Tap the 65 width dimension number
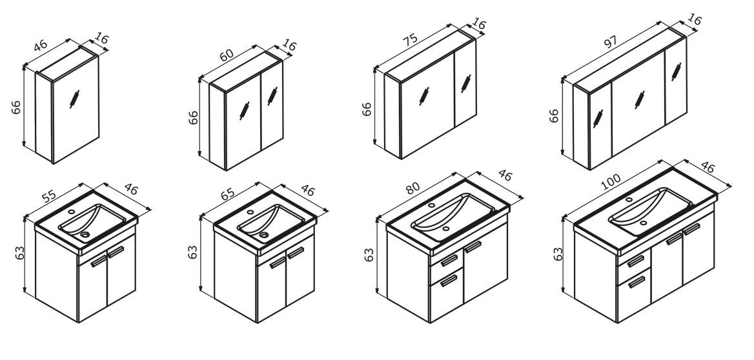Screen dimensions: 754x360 (228, 193)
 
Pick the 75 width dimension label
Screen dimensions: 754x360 (411, 39)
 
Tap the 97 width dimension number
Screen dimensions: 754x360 (610, 41)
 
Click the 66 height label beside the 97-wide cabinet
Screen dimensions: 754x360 (554, 115)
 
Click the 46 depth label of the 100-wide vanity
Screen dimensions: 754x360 (708, 167)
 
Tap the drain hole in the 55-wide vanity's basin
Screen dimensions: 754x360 (86, 235)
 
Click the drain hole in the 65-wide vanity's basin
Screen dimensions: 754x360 (263, 235)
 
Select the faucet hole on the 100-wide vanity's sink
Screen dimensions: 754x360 (629, 199)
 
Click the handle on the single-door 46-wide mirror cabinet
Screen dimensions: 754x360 (74, 99)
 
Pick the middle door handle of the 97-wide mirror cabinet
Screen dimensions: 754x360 (640, 100)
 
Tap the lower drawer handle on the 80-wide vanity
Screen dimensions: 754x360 (449, 280)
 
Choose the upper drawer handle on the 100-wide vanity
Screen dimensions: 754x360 (636, 261)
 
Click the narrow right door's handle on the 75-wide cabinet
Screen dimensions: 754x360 (465, 83)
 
